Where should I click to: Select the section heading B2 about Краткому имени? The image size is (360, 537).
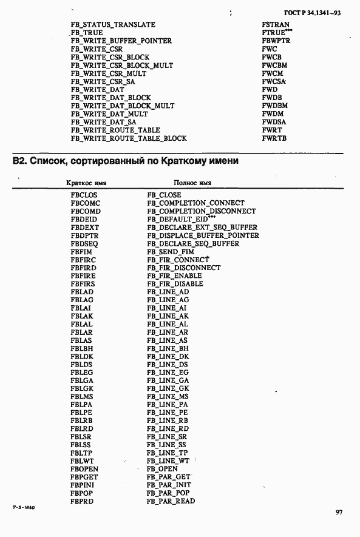tap(125, 161)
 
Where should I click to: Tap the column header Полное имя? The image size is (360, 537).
tap(192, 183)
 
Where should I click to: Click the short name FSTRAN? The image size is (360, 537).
tap(276, 25)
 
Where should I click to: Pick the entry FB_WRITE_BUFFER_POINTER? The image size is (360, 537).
tap(121, 41)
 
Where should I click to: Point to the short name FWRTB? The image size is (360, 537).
tap(274, 138)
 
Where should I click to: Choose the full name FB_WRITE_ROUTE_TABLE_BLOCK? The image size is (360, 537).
tap(128, 138)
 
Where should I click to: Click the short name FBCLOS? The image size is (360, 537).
tap(84, 195)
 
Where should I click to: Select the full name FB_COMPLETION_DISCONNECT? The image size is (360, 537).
tap(201, 211)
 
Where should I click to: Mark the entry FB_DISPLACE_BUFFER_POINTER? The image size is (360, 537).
tap(203, 235)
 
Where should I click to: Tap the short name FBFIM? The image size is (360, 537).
tap(81, 251)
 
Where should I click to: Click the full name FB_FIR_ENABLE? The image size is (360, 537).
tap(175, 275)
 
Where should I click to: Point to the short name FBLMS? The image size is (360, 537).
tap(82, 396)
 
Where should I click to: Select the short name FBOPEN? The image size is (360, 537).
tap(84, 469)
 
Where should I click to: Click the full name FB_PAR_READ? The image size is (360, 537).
tap(171, 501)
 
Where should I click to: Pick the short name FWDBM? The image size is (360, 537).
tap(275, 106)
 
